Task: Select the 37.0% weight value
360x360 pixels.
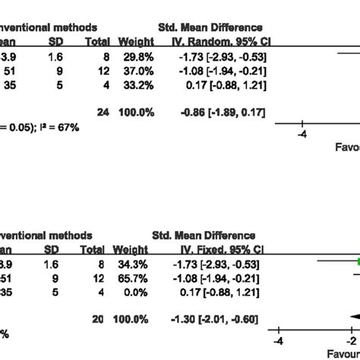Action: (x=139, y=70)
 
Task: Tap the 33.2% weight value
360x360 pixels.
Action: (x=139, y=86)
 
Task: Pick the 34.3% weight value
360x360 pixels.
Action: (x=139, y=264)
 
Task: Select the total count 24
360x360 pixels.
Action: (x=103, y=112)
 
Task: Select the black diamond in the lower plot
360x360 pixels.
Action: (x=352, y=318)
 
